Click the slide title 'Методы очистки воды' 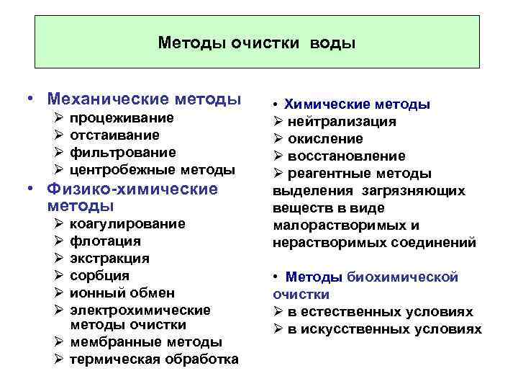(x=257, y=43)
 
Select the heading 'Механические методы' (x=142, y=98)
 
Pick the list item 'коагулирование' (x=127, y=224)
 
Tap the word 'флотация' (x=105, y=241)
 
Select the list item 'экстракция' (x=109, y=258)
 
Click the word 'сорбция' (x=100, y=275)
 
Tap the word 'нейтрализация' (x=342, y=121)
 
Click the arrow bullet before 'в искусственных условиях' (x=278, y=329)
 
